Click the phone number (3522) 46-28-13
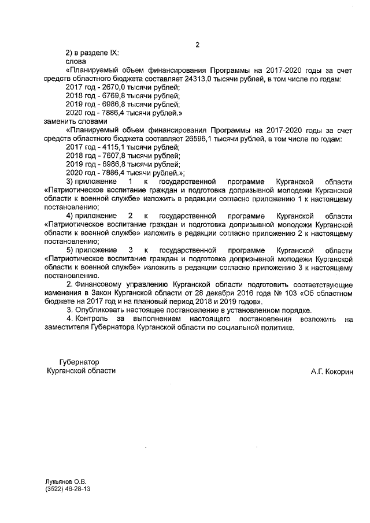(68, 489)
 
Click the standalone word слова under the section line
(76, 61)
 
